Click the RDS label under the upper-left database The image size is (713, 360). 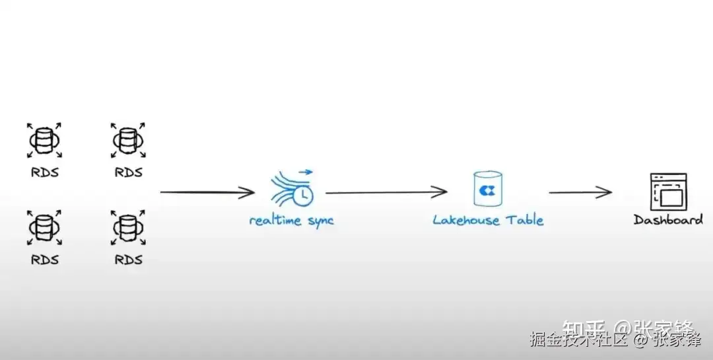tap(44, 172)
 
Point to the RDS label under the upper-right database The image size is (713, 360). tap(128, 172)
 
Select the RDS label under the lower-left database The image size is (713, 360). tap(44, 260)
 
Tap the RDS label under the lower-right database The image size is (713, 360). tap(128, 260)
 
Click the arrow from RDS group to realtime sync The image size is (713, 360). tap(207, 193)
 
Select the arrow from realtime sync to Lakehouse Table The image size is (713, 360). tap(386, 193)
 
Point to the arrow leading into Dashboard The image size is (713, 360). tap(580, 193)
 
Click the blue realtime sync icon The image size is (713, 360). tap(292, 188)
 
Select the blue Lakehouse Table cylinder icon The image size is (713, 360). tap(488, 188)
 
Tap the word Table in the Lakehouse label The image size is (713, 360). tap(525, 220)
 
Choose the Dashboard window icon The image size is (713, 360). tap(668, 192)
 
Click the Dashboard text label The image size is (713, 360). tap(668, 220)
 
